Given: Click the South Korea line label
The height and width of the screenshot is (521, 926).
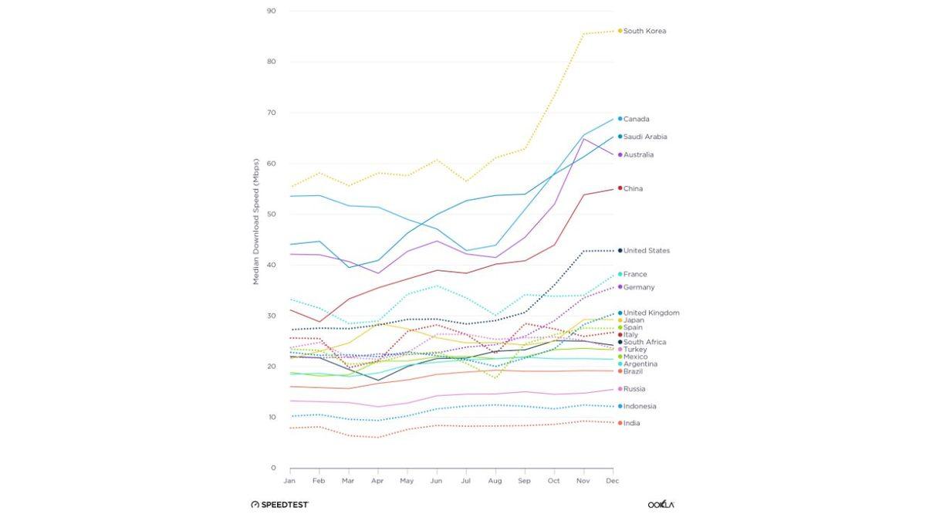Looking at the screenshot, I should [644, 31].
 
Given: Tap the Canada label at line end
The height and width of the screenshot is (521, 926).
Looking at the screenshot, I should [636, 119].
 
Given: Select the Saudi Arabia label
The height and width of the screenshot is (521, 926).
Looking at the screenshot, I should [645, 137].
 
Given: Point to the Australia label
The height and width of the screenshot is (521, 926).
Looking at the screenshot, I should [638, 154].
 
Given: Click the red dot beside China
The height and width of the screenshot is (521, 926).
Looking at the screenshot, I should [620, 188].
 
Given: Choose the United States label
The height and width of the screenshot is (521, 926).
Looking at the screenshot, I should [647, 250].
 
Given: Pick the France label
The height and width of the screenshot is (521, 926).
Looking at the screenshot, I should [635, 274].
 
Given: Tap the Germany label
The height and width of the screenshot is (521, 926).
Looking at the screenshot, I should [639, 287].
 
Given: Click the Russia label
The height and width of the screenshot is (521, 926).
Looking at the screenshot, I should [634, 389].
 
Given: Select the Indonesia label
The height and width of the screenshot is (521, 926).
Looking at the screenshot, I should [640, 406].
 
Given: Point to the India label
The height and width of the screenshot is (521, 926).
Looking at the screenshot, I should [631, 423].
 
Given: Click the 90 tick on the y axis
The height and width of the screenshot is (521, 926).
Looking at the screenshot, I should [271, 11].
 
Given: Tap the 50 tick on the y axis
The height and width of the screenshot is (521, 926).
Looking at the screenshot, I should [271, 214].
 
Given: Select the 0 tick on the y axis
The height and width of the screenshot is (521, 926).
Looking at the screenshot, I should [273, 468].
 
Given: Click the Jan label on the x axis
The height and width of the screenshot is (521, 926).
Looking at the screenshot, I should [289, 480].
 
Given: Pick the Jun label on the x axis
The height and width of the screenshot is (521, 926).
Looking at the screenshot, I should [436, 480].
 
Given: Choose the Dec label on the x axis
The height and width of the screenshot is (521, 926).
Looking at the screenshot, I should [613, 480].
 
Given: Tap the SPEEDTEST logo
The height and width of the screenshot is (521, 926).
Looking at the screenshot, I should [279, 504].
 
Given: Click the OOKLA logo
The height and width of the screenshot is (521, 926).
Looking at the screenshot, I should [661, 504].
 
